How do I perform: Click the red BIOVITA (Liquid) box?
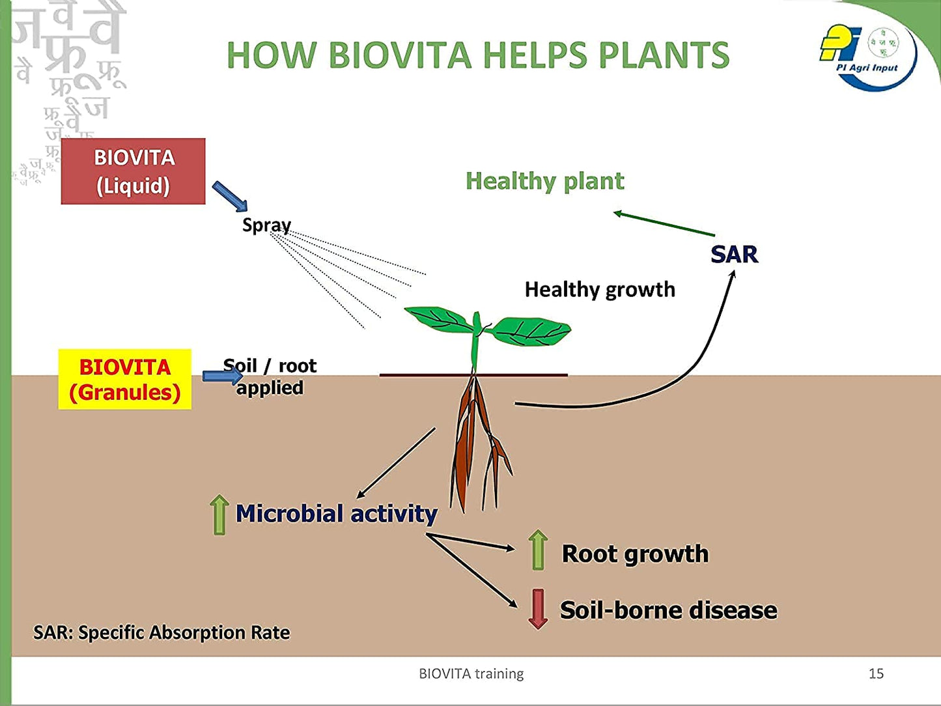pyautogui.click(x=133, y=171)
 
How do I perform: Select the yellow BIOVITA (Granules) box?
pyautogui.click(x=125, y=380)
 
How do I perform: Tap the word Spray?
pyautogui.click(x=266, y=225)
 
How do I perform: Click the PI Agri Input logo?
pyautogui.click(x=868, y=57)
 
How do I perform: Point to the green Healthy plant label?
pyautogui.click(x=544, y=181)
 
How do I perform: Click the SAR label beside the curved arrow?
pyautogui.click(x=734, y=254)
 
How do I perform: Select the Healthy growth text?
pyautogui.click(x=600, y=289)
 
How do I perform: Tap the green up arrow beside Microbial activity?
pyautogui.click(x=219, y=515)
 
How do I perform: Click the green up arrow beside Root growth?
pyautogui.click(x=538, y=550)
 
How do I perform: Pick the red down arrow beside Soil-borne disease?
pyautogui.click(x=537, y=609)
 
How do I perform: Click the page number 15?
pyautogui.click(x=876, y=673)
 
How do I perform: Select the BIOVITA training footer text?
pyautogui.click(x=471, y=673)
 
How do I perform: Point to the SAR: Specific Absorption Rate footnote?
pyautogui.click(x=162, y=632)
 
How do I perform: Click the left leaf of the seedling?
pyautogui.click(x=438, y=319)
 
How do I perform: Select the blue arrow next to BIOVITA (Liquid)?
pyautogui.click(x=230, y=196)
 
